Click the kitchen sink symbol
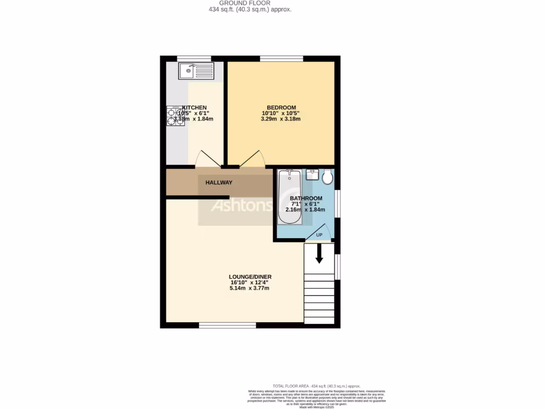[196, 70]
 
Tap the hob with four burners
[175, 116]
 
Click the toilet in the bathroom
[327, 176]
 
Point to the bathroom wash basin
[312, 175]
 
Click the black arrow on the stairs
[319, 254]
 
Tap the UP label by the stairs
[319, 235]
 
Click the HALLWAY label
[219, 183]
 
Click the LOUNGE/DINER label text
[250, 277]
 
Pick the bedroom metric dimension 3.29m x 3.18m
[280, 119]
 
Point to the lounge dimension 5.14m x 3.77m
[250, 288]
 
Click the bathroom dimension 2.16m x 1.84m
[305, 210]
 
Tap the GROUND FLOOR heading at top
[248, 3]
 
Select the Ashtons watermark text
[242, 206]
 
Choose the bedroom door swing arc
[252, 158]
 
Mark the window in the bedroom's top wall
[281, 58]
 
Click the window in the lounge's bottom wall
[227, 325]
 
